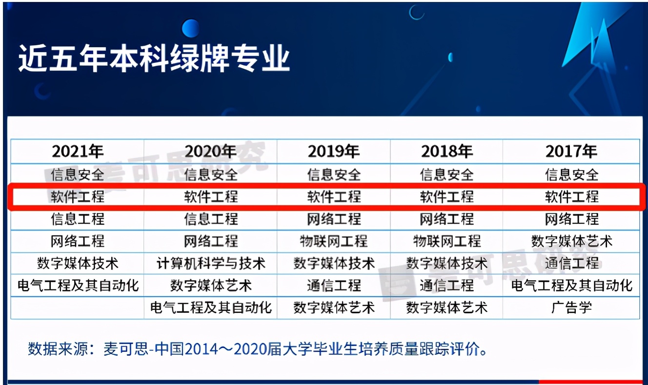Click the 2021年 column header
[78, 152]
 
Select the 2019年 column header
[334, 152]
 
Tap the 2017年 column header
[571, 152]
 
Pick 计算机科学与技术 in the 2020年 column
[211, 264]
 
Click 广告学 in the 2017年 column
[571, 308]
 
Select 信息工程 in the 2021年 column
[78, 219]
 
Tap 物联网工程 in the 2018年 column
[447, 241]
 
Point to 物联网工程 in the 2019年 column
[334, 241]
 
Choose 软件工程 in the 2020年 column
[211, 197]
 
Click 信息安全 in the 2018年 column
[447, 174]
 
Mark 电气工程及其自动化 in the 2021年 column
[78, 285]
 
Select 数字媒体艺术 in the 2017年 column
[571, 241]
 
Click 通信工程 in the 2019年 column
[334, 285]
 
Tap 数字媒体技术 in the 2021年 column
[78, 264]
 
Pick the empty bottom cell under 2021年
[78, 308]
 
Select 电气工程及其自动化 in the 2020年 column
[211, 308]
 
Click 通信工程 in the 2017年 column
[571, 264]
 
